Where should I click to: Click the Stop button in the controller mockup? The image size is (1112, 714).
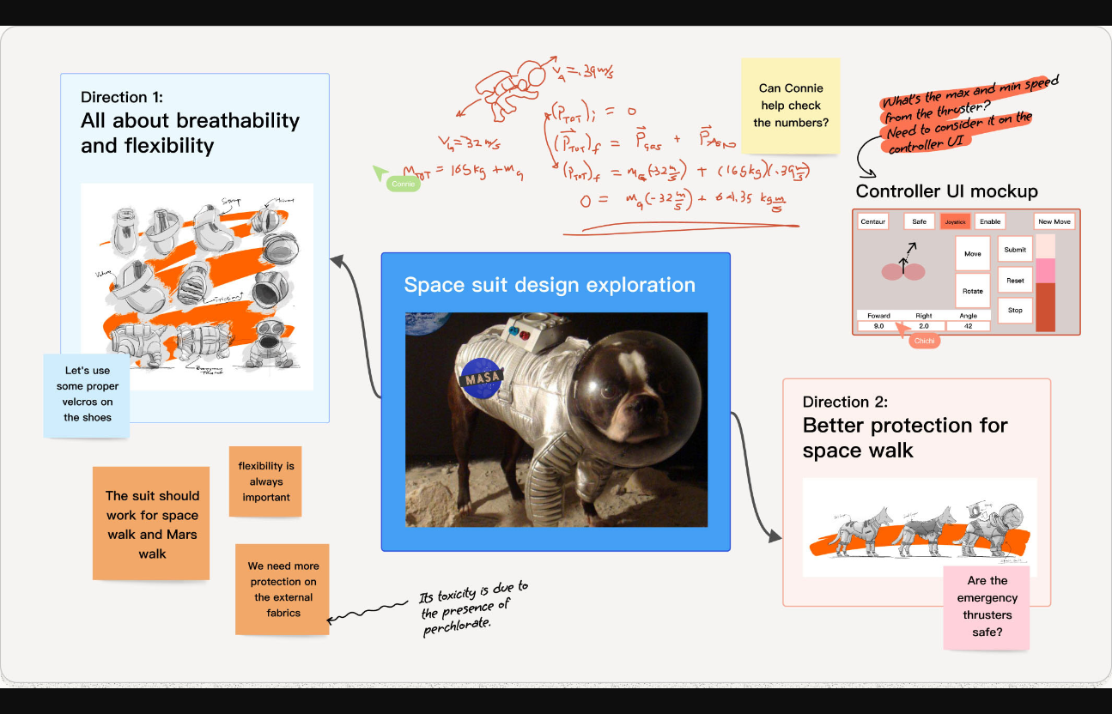click(1015, 310)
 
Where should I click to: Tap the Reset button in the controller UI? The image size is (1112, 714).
click(1015, 281)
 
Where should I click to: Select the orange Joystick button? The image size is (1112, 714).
click(955, 221)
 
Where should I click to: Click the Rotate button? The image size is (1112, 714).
click(972, 291)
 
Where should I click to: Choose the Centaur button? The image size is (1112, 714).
click(872, 221)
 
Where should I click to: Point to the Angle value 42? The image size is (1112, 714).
click(968, 326)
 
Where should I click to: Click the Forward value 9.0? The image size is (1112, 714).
click(878, 326)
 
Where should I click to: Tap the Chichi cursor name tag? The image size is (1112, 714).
click(923, 341)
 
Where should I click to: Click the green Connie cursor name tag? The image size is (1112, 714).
click(403, 184)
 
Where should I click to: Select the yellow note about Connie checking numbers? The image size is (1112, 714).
click(791, 106)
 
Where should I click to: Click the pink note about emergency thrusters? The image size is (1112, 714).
click(987, 607)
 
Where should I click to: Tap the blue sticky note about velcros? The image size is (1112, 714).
click(88, 394)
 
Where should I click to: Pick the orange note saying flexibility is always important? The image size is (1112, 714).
click(266, 481)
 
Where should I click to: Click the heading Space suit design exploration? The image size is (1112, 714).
click(550, 285)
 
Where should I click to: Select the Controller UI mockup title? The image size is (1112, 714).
click(946, 191)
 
